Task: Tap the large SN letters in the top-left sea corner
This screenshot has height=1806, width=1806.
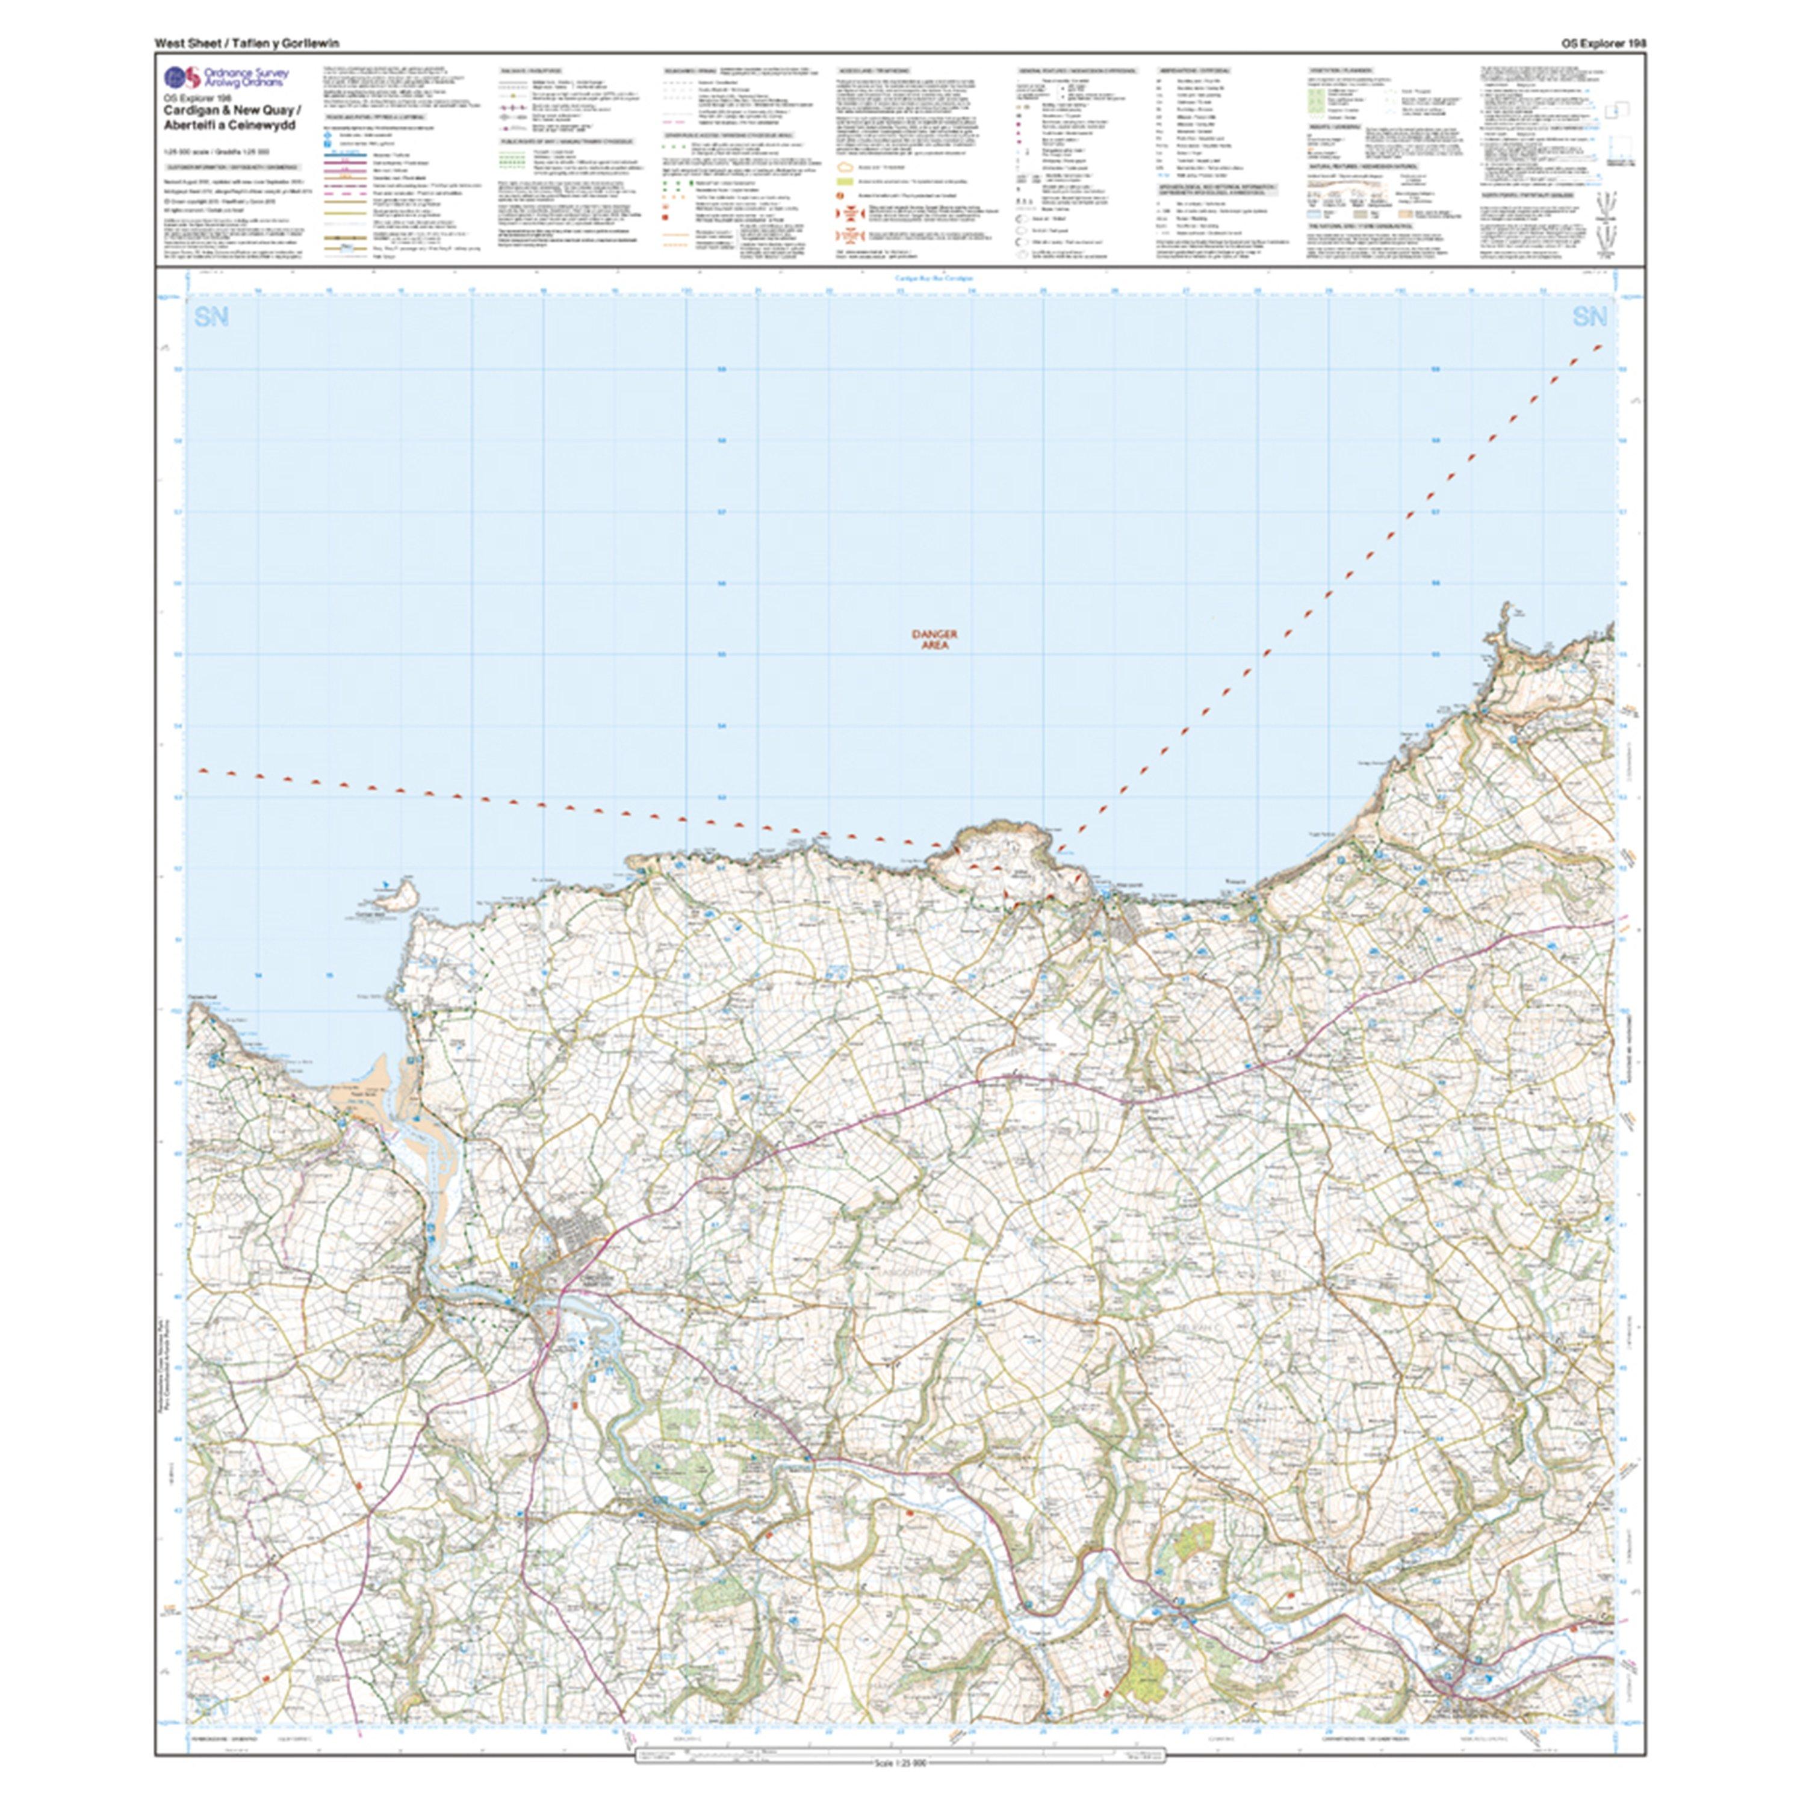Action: click(x=212, y=318)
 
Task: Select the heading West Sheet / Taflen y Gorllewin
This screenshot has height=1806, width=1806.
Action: click(x=247, y=43)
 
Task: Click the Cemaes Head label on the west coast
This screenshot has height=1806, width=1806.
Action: click(x=201, y=996)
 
